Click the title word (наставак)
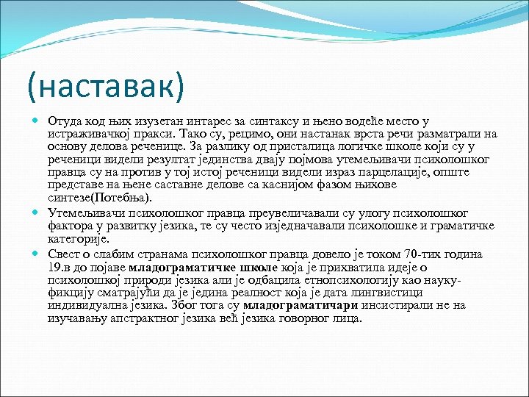(105, 87)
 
